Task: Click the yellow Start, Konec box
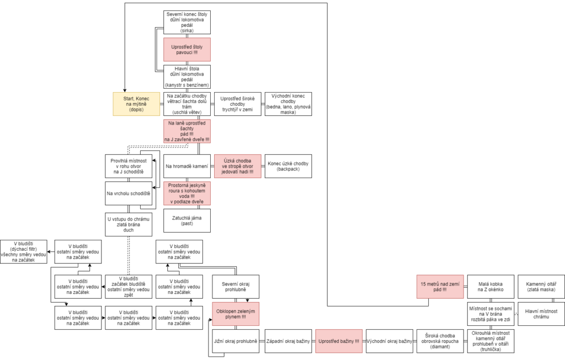(136, 104)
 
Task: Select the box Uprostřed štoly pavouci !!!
(187, 50)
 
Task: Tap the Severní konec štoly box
(187, 22)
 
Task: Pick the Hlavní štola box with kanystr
(187, 77)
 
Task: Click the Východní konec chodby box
(288, 104)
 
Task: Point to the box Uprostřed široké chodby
(237, 104)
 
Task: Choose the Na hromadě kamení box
(187, 166)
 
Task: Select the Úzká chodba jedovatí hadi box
(237, 166)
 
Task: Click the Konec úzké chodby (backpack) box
(288, 166)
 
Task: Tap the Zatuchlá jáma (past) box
(187, 221)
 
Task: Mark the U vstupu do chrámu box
(129, 224)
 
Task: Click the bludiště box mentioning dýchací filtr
(23, 251)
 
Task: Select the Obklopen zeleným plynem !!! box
(236, 314)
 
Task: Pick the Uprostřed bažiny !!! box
(339, 341)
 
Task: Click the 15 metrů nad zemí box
(440, 287)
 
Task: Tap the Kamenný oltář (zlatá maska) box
(541, 287)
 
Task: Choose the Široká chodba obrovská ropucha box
(440, 341)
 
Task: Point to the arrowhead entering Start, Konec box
(125, 90)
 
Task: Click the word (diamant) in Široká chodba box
(440, 347)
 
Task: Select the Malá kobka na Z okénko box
(491, 287)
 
